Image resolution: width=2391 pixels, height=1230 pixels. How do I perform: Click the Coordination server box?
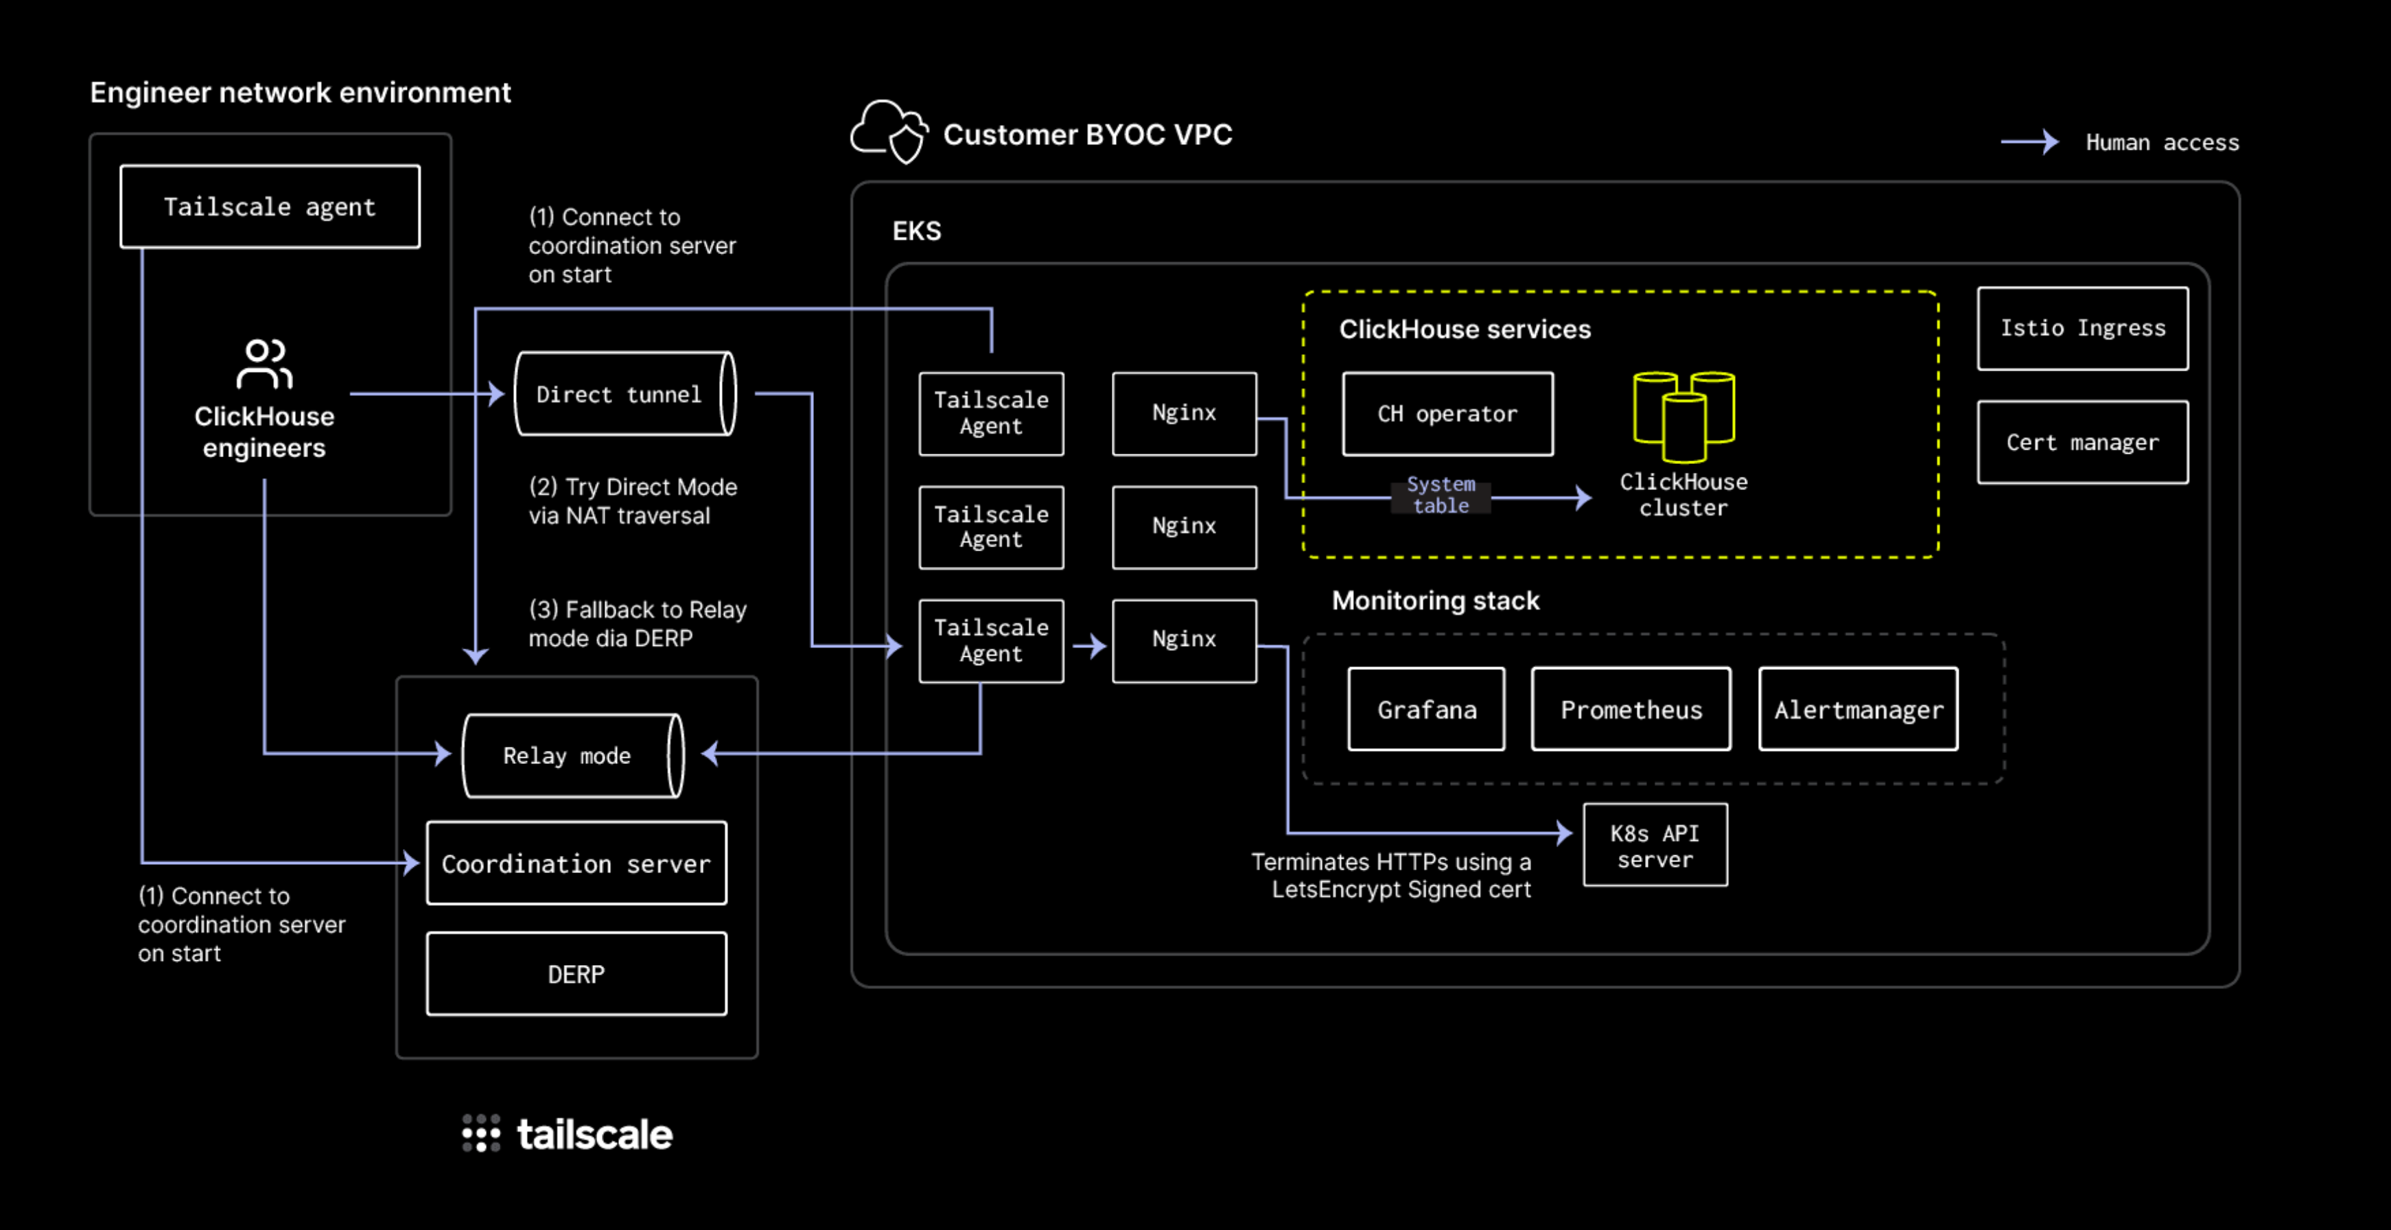click(x=576, y=863)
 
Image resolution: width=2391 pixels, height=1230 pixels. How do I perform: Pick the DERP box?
click(x=576, y=974)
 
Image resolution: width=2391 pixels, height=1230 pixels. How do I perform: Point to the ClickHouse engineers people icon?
click(x=264, y=364)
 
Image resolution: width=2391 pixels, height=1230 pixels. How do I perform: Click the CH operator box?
click(x=1447, y=414)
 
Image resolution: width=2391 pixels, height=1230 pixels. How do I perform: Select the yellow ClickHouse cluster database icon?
click(x=1683, y=416)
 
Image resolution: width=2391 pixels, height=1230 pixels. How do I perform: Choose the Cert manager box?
click(x=2082, y=443)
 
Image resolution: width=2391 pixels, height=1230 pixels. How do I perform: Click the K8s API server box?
click(x=1655, y=846)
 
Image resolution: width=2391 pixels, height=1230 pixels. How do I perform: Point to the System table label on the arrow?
click(x=1441, y=495)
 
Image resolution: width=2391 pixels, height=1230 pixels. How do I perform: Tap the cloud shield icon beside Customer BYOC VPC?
click(x=890, y=132)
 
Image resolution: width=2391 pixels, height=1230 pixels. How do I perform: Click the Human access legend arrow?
click(x=2029, y=142)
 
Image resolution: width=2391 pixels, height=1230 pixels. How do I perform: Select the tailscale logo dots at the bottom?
click(x=481, y=1133)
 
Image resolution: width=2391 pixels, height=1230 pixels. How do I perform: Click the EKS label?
click(x=916, y=231)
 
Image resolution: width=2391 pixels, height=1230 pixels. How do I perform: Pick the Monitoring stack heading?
click(x=1435, y=601)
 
